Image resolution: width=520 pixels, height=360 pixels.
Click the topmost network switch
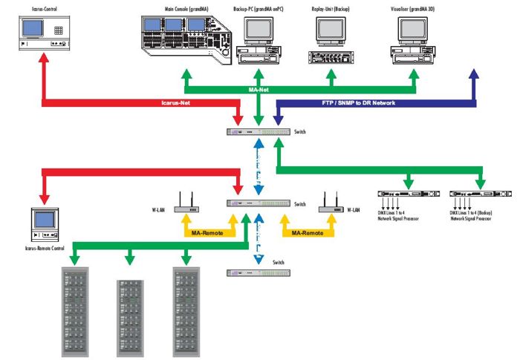(259, 131)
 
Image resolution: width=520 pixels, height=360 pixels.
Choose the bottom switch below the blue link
(259, 272)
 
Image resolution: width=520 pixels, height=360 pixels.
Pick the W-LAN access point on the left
(186, 203)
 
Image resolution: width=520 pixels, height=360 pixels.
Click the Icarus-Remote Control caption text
(45, 248)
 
